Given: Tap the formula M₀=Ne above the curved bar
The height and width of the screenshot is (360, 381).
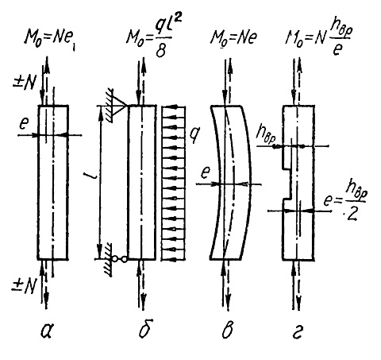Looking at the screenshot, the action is tap(233, 38).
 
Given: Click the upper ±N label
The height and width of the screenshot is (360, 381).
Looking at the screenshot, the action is tap(25, 83).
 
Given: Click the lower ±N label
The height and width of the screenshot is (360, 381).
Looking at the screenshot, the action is tap(23, 286).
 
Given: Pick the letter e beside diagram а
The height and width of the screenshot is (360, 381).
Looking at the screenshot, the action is tap(24, 123).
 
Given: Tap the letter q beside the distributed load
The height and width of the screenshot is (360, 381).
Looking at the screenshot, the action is tap(195, 134).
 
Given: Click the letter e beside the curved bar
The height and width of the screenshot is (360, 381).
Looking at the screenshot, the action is tap(206, 172).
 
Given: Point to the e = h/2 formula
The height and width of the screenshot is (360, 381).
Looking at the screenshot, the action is tap(344, 203).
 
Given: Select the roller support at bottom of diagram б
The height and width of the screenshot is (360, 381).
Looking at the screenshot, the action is tap(120, 259).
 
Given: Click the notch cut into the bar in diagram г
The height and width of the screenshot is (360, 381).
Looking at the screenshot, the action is tap(287, 183).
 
